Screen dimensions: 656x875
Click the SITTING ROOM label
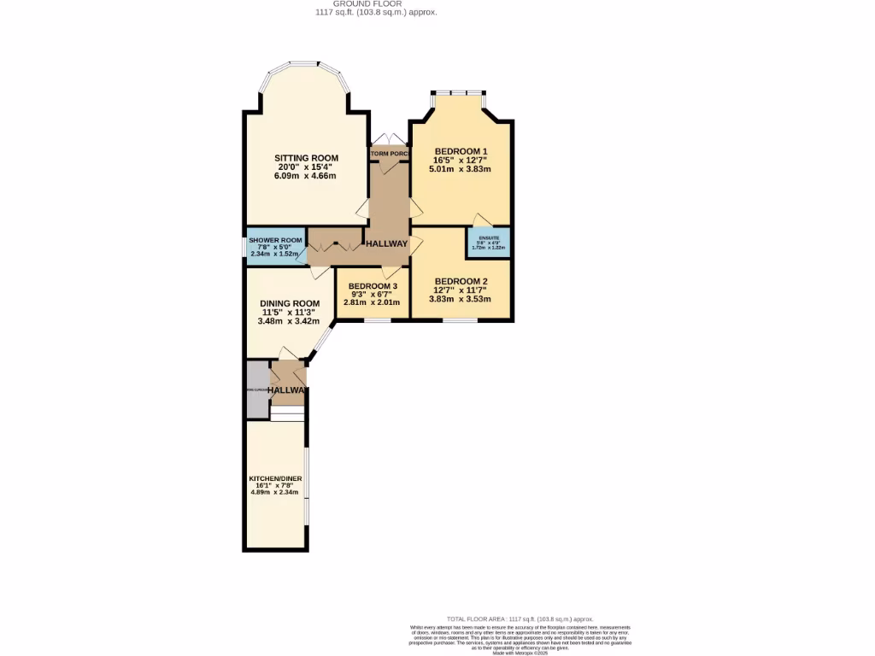click(306, 158)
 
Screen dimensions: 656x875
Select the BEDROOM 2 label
click(461, 281)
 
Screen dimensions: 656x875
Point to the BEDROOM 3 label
click(372, 285)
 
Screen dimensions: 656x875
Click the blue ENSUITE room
click(489, 242)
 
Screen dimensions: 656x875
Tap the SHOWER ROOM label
click(275, 240)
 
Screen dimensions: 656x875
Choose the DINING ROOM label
click(291, 303)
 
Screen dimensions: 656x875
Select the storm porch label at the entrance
click(389, 154)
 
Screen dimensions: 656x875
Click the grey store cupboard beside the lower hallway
click(256, 389)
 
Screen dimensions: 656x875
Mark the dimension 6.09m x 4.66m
click(305, 176)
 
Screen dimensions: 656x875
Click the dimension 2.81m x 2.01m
click(372, 302)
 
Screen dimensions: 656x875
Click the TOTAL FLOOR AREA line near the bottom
click(520, 618)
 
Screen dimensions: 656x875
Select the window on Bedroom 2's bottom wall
click(460, 320)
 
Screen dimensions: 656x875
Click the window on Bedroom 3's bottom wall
click(377, 320)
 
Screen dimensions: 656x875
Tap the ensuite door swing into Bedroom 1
click(483, 218)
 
